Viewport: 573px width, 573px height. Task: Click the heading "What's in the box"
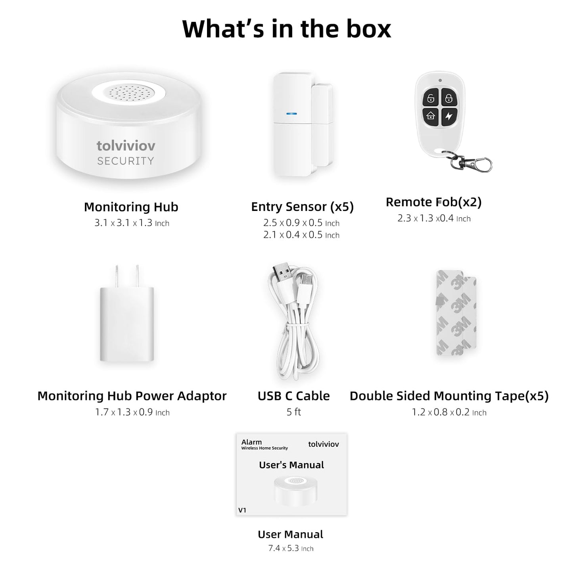pos(286,29)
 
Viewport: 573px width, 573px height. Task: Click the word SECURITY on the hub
pos(125,161)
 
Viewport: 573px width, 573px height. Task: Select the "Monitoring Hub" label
pos(131,207)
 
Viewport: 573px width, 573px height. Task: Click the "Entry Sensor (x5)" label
pos(302,207)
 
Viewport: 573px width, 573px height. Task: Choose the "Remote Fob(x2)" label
pos(433,202)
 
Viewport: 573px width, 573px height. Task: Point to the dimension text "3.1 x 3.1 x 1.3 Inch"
pos(132,223)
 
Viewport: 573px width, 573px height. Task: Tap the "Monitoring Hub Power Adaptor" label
pos(132,396)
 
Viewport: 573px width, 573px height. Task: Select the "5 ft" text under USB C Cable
pos(294,412)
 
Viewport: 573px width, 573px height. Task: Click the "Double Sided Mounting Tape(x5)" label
pos(449,396)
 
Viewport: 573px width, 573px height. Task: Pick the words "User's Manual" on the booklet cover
pos(291,465)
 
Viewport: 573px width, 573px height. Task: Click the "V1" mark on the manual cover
pos(242,510)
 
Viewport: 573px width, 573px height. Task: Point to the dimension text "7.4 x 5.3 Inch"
pos(291,548)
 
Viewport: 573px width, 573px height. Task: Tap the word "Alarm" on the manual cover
pos(251,442)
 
